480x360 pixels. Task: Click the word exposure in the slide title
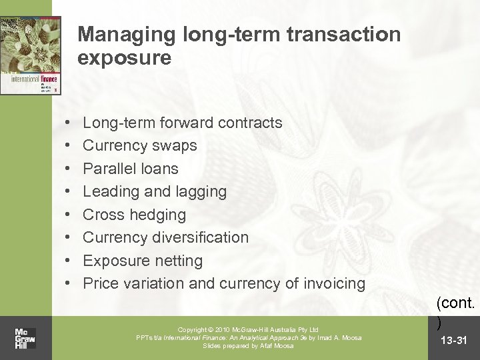pyautogui.click(x=124, y=59)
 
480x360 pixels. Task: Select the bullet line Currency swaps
pyautogui.click(x=139, y=146)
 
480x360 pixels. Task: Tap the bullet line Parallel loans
pyautogui.click(x=131, y=169)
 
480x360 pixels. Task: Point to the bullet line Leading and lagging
pyautogui.click(x=154, y=192)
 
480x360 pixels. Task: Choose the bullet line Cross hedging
pyautogui.click(x=134, y=215)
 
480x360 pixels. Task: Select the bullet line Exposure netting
pyautogui.click(x=142, y=260)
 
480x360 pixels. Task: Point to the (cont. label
pyautogui.click(x=455, y=303)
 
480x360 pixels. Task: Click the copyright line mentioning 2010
pyautogui.click(x=249, y=329)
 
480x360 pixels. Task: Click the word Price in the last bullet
pyautogui.click(x=101, y=283)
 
